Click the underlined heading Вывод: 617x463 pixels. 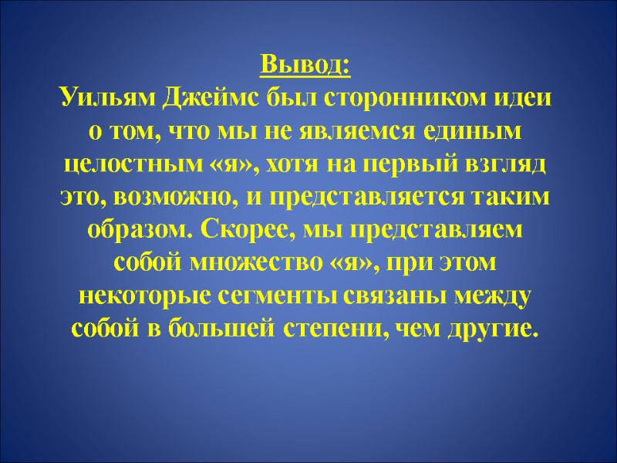coord(305,65)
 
